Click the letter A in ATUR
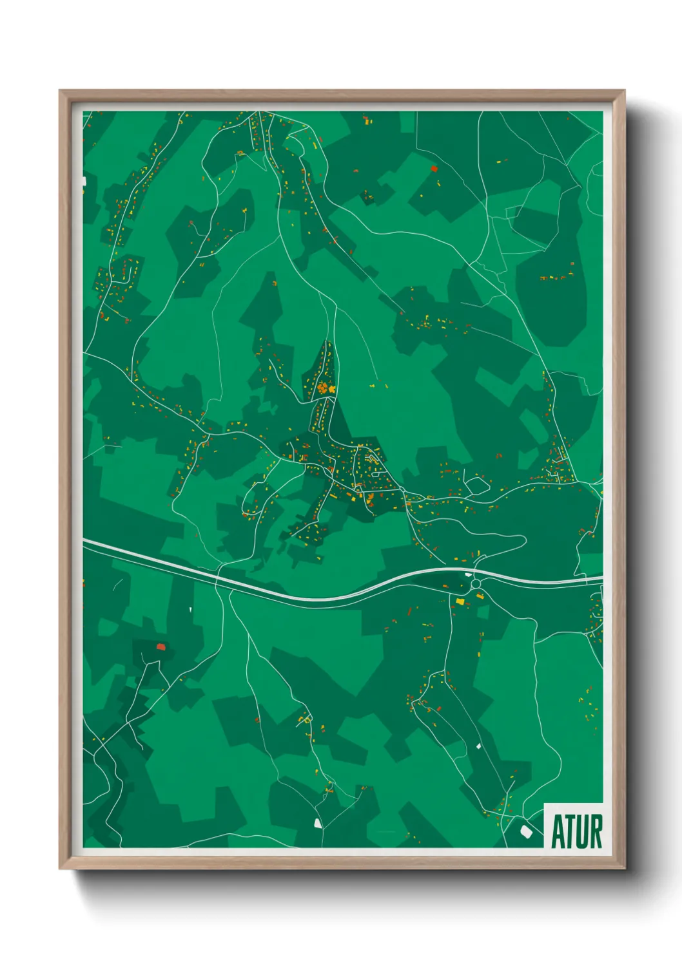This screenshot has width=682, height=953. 558,832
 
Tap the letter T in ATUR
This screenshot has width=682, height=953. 570,832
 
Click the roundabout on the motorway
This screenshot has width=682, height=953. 476,583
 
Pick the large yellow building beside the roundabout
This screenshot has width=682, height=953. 460,601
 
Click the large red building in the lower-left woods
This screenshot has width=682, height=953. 161,646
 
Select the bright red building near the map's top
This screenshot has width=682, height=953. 434,169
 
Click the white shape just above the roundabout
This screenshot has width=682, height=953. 468,574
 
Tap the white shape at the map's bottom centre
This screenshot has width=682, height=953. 317,822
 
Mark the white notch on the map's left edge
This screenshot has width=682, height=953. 84,182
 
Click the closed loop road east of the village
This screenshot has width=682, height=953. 477,486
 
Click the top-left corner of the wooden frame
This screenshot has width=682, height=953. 61,91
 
